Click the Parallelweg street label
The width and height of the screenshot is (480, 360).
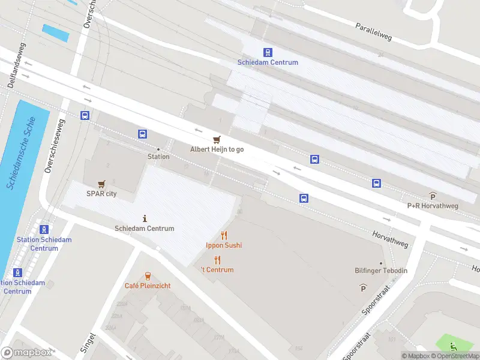click(373, 32)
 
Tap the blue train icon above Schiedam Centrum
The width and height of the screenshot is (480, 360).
click(268, 53)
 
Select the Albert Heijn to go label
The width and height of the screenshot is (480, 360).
click(217, 149)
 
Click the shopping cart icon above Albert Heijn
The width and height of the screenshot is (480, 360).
click(217, 139)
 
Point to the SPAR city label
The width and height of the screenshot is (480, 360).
click(101, 193)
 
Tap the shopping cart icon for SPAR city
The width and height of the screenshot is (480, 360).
click(101, 184)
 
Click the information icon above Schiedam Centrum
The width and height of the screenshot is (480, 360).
click(145, 218)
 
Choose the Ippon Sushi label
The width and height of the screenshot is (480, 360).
click(224, 245)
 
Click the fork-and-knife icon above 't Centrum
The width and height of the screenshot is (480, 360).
click(217, 260)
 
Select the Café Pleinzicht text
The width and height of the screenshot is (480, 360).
click(148, 286)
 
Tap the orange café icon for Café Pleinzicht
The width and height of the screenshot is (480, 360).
click(148, 275)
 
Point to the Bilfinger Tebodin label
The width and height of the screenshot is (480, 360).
click(381, 271)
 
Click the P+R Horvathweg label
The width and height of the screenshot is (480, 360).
click(433, 205)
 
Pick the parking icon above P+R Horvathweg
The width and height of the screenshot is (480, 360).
click(433, 196)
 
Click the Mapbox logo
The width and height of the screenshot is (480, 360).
click(27, 352)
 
